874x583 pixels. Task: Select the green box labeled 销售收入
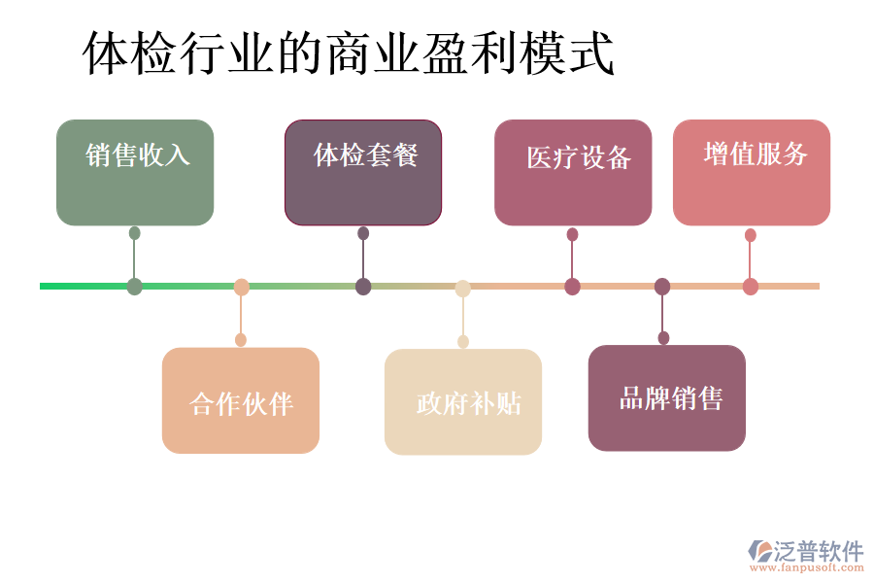(x=135, y=173)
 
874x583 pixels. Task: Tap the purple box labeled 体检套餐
(x=363, y=173)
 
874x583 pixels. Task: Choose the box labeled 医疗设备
(x=573, y=173)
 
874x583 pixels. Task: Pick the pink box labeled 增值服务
(x=752, y=173)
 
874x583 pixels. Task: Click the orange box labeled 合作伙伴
(x=241, y=400)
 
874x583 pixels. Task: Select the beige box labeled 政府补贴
(x=463, y=401)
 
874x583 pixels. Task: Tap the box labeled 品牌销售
(x=667, y=397)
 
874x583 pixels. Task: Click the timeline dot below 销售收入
(x=135, y=287)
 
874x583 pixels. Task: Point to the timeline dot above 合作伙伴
(x=242, y=287)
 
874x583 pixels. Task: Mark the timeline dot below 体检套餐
(x=363, y=287)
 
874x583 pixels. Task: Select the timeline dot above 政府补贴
(x=463, y=288)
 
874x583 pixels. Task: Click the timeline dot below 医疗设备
(x=573, y=287)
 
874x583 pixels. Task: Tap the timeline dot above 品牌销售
(x=662, y=287)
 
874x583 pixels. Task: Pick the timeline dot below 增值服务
(x=751, y=287)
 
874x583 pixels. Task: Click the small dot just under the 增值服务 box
(x=751, y=235)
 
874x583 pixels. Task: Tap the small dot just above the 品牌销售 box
(x=663, y=338)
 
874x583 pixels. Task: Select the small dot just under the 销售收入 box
(x=135, y=233)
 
